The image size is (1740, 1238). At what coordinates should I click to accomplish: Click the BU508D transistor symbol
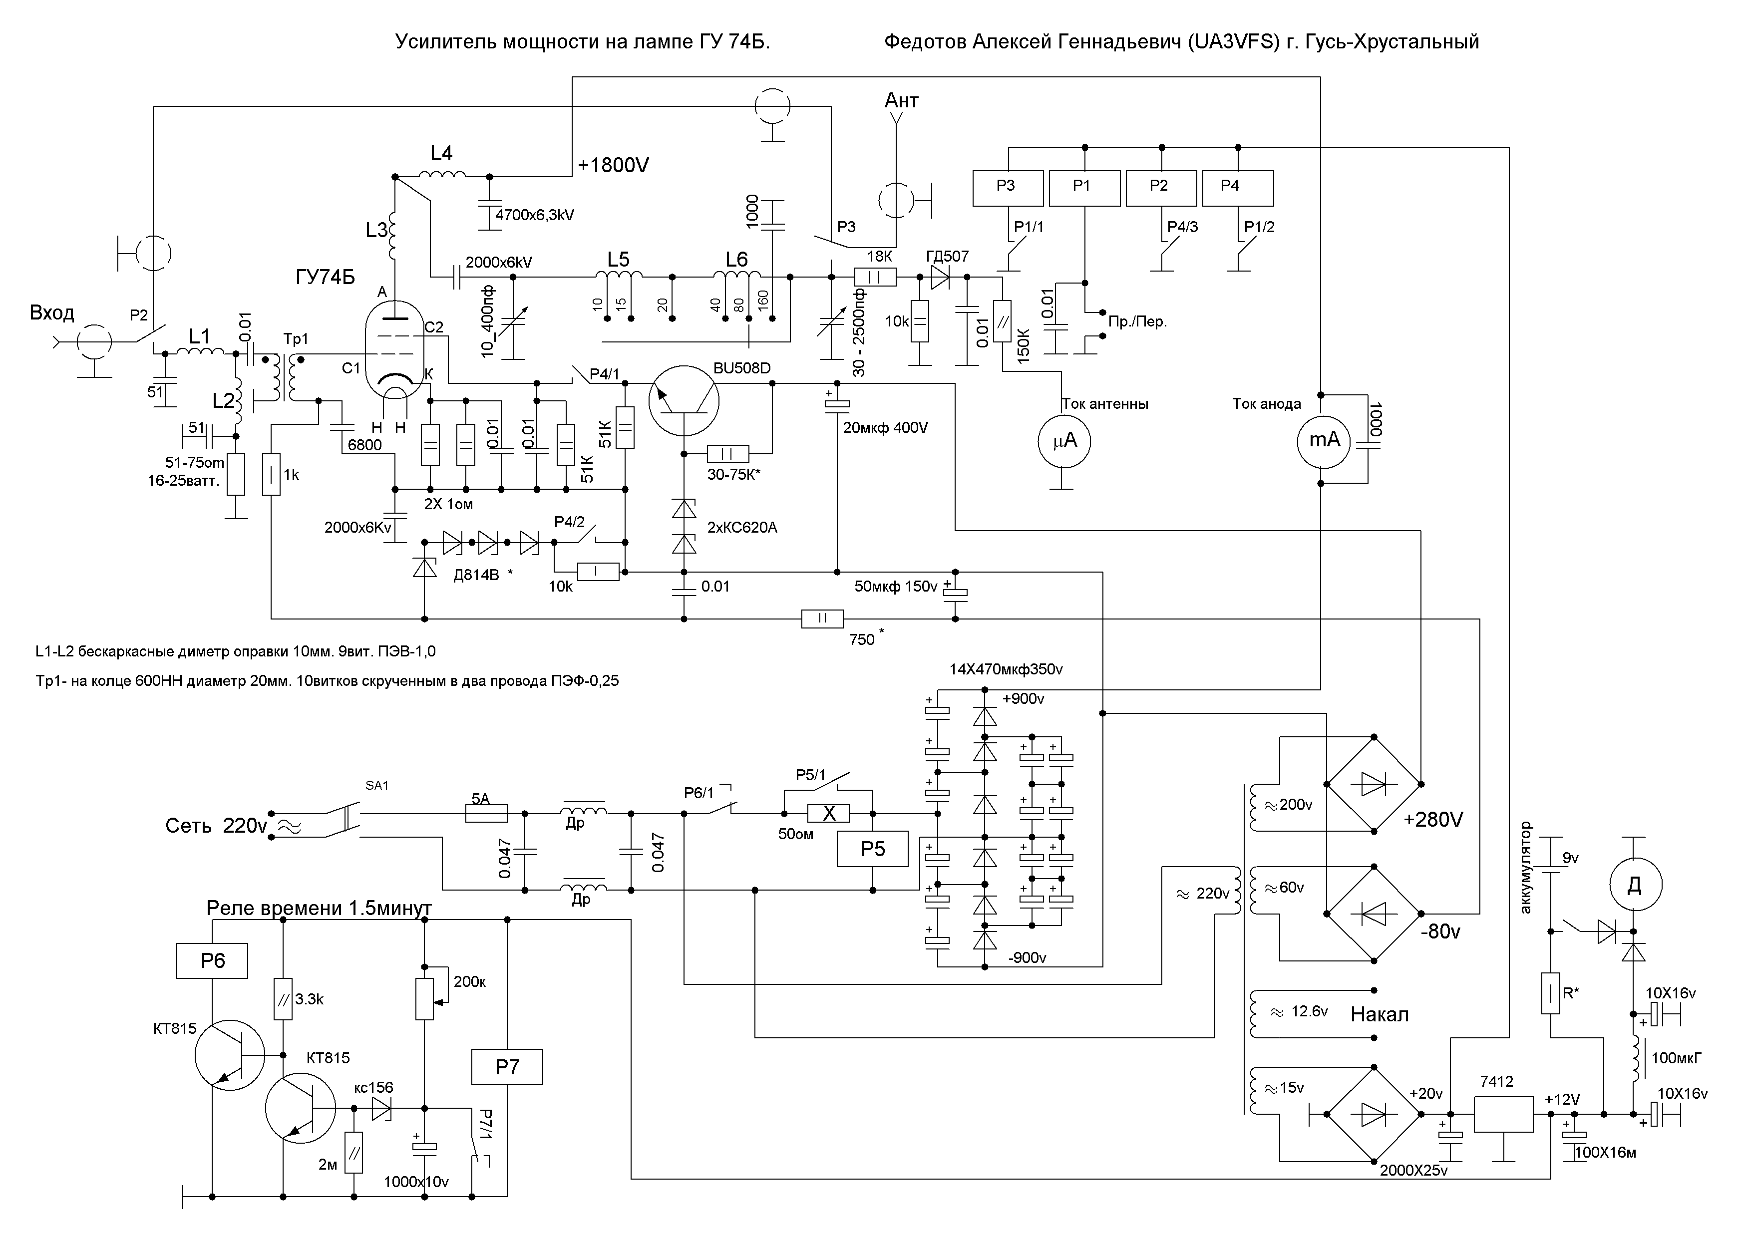(684, 401)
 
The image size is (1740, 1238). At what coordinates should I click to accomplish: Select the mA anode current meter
(1325, 440)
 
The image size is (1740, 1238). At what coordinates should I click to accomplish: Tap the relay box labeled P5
(872, 849)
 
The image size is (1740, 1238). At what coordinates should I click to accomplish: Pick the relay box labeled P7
(507, 1066)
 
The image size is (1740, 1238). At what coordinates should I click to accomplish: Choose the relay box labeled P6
(213, 960)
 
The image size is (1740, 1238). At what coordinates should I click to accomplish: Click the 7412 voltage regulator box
(1503, 1115)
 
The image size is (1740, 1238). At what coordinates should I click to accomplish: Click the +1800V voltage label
(613, 165)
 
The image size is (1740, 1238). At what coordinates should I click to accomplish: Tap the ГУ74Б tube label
(326, 278)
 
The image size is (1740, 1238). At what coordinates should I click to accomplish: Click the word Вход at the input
(52, 312)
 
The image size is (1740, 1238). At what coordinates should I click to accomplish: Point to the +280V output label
(1433, 820)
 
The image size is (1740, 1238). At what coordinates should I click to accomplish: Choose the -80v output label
(1439, 931)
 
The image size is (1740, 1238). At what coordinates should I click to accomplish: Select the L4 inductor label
(441, 153)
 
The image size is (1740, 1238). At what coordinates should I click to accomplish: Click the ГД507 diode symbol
(939, 278)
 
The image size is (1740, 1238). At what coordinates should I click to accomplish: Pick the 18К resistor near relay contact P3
(875, 278)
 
